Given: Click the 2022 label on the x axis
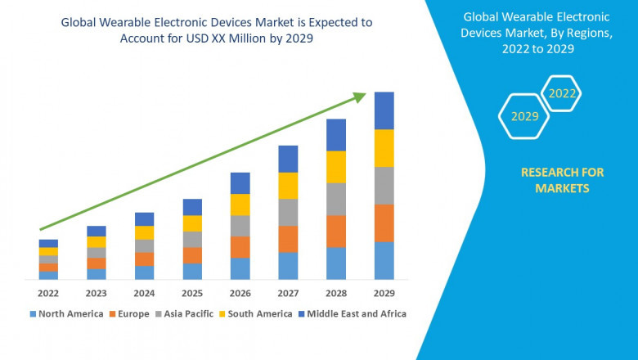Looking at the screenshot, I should pyautogui.click(x=48, y=293).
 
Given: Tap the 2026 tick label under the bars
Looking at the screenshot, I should pyautogui.click(x=240, y=293).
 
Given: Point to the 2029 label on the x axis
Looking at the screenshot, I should pyautogui.click(x=384, y=293).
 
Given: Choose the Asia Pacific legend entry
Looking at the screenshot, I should pyautogui.click(x=189, y=313).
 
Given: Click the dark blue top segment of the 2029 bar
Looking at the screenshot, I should pyautogui.click(x=384, y=110).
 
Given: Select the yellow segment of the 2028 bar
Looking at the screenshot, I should pyautogui.click(x=336, y=167).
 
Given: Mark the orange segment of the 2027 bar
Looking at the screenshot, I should pyautogui.click(x=288, y=239).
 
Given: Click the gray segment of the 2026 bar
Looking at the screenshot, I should pyautogui.click(x=240, y=226).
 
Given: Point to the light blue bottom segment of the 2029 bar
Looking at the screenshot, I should pyautogui.click(x=384, y=260).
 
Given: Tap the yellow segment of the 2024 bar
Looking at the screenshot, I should pyautogui.click(x=144, y=232).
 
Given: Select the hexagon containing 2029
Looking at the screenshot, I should pyautogui.click(x=524, y=116).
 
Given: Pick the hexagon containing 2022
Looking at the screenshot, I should pyautogui.click(x=562, y=93).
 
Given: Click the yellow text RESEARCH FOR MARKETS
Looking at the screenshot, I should pyautogui.click(x=562, y=180).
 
